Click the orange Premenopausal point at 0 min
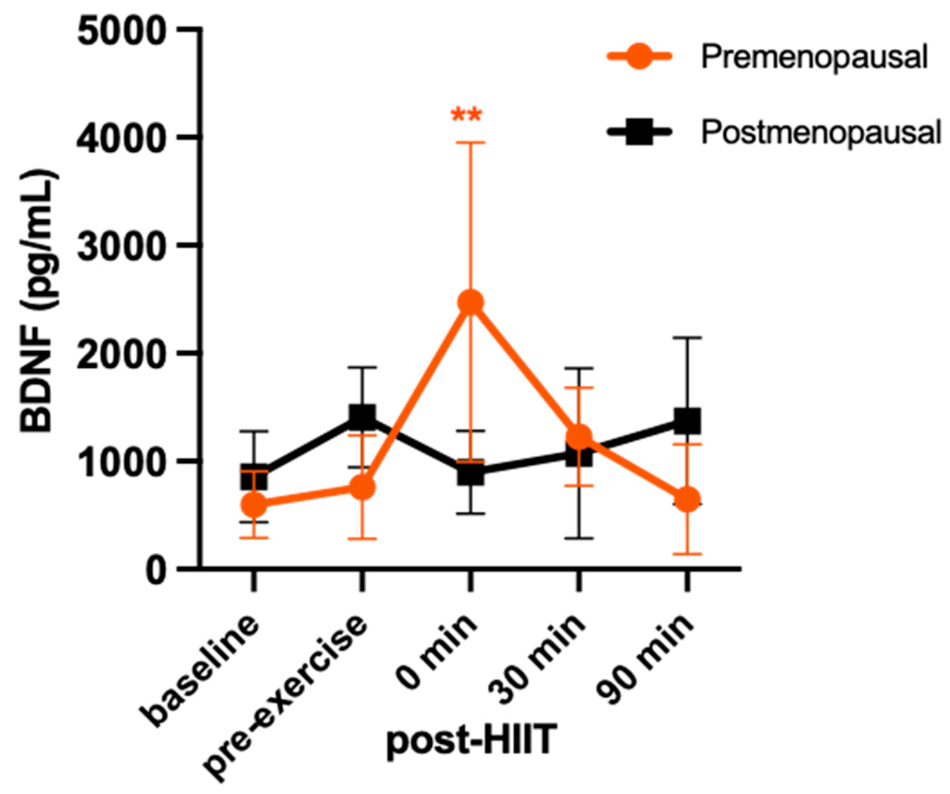471,302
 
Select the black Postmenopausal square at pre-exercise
362,417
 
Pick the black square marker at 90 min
687,421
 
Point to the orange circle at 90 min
687,499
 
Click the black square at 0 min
471,473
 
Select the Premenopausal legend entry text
814,57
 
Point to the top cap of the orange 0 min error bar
471,143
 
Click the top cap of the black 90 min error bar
687,338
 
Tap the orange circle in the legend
639,57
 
